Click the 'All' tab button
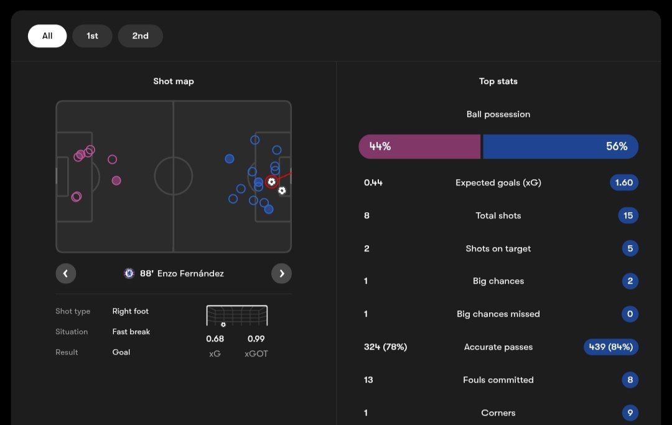[x=47, y=36]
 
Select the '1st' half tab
[x=92, y=36]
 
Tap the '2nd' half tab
[x=140, y=36]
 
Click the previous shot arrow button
[x=66, y=273]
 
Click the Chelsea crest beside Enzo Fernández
[x=129, y=273]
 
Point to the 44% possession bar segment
[x=419, y=147]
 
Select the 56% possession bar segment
[x=560, y=147]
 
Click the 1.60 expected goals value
[x=623, y=183]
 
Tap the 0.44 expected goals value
[x=373, y=183]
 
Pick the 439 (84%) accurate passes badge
[x=610, y=347]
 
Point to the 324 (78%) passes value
[x=385, y=347]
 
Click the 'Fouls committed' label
[x=498, y=380]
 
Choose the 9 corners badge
[x=630, y=413]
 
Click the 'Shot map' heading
[x=174, y=82]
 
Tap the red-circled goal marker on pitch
[x=271, y=182]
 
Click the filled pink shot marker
[x=116, y=180]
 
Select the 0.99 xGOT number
[x=256, y=339]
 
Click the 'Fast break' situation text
[x=131, y=332]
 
